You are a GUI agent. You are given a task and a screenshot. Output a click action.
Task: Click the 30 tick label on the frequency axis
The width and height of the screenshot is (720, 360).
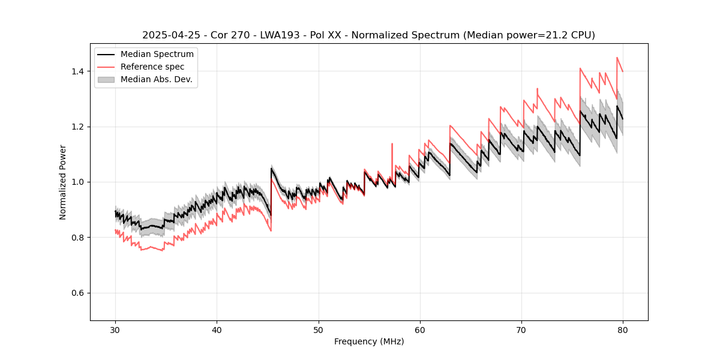(116, 330)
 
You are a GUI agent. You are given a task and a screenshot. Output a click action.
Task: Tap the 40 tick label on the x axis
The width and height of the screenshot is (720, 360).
(217, 330)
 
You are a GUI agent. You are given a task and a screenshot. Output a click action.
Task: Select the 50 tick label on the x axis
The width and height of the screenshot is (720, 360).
(319, 330)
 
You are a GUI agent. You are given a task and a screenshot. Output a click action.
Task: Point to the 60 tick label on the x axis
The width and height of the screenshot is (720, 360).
(420, 330)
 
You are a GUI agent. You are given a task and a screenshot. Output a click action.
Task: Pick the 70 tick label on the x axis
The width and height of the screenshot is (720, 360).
(521, 330)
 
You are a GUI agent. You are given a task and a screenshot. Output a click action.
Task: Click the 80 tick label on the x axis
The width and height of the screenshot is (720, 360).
(623, 330)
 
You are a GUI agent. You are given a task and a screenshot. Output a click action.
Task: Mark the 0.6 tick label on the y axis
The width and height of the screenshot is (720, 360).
(77, 293)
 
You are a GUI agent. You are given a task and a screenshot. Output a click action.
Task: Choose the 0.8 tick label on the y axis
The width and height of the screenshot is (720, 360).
(77, 238)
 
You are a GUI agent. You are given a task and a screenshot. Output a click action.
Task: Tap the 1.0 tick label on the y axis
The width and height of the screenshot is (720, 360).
(77, 182)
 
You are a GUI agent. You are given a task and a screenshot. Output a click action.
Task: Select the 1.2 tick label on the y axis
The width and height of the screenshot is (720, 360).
(77, 127)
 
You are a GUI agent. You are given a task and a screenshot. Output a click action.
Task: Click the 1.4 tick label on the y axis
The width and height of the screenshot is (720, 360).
(77, 71)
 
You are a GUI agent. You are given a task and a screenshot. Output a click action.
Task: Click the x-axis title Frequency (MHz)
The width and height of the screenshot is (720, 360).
(369, 341)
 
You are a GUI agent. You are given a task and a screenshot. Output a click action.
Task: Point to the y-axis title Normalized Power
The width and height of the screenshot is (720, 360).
(63, 182)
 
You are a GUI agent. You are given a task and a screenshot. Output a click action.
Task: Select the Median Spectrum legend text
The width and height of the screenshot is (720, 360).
(157, 55)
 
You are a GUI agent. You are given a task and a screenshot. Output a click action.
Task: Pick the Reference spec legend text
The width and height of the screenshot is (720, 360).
(152, 67)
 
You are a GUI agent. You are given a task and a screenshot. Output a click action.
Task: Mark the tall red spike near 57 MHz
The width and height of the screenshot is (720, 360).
(392, 144)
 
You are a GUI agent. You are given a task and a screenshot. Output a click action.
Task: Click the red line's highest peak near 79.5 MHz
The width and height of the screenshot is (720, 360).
(617, 58)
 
